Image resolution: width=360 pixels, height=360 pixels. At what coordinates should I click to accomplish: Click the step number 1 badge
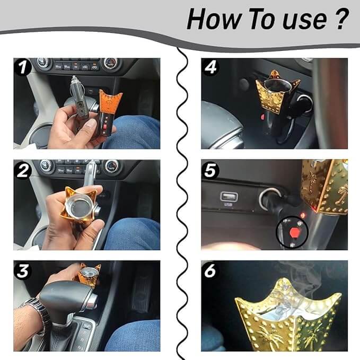pyautogui.click(x=23, y=67)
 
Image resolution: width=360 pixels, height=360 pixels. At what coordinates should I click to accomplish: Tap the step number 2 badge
pyautogui.click(x=23, y=170)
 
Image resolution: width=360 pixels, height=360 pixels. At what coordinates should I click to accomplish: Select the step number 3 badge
pyautogui.click(x=23, y=271)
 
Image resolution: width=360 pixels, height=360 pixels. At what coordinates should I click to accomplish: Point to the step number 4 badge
pyautogui.click(x=210, y=67)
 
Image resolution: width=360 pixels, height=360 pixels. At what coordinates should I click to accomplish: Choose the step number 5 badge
pyautogui.click(x=210, y=170)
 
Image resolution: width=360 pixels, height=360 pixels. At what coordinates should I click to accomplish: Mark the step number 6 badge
pyautogui.click(x=210, y=271)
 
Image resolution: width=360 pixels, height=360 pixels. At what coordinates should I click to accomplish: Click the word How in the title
pyautogui.click(x=214, y=19)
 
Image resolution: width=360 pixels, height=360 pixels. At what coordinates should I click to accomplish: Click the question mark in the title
pyautogui.click(x=341, y=19)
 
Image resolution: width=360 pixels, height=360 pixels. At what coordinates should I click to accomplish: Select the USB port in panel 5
pyautogui.click(x=229, y=197)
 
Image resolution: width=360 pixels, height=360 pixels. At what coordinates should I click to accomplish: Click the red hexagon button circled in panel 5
pyautogui.click(x=294, y=232)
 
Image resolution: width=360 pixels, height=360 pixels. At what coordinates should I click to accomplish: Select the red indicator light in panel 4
pyautogui.click(x=262, y=117)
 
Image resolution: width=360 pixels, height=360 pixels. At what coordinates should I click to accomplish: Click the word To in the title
pyautogui.click(x=262, y=19)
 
